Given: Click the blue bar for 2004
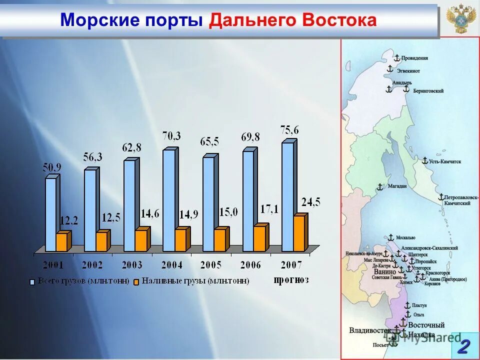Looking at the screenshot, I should click(169, 200).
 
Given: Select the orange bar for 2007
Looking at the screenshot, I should click(298, 233).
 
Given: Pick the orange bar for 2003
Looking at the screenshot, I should click(141, 240).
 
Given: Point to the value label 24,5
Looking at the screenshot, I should click(310, 202).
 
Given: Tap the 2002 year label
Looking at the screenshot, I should click(92, 264).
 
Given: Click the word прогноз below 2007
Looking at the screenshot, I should click(291, 279).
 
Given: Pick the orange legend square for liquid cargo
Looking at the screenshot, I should click(136, 282).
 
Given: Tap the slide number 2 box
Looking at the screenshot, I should click(464, 345).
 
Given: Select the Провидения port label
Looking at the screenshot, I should click(414, 58).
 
